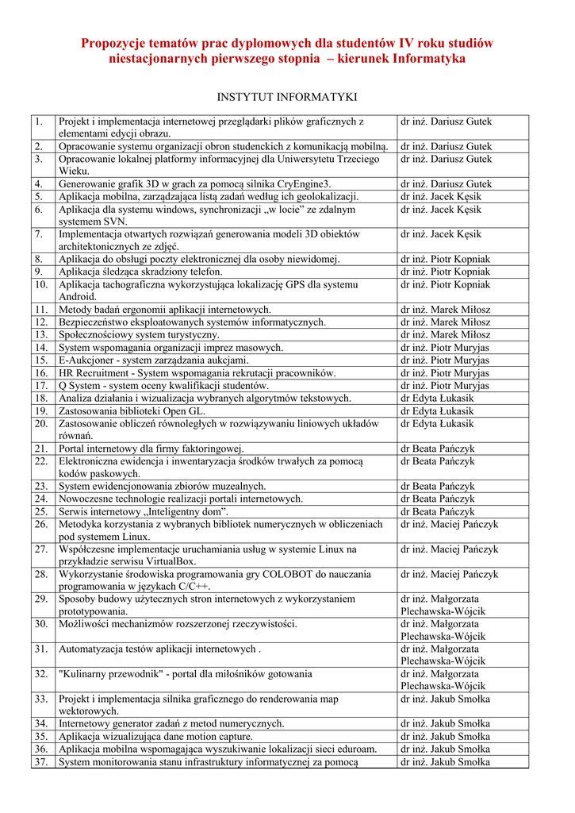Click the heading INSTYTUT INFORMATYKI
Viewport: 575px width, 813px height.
[287, 97]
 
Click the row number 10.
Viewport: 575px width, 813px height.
[41, 284]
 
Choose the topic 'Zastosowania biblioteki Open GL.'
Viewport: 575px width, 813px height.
[132, 410]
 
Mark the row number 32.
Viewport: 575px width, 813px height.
[41, 674]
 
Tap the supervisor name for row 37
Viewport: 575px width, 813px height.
[445, 762]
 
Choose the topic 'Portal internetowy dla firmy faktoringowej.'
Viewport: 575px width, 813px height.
[151, 449]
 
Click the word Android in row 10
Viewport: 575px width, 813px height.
[77, 297]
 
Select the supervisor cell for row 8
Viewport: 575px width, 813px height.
[445, 260]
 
